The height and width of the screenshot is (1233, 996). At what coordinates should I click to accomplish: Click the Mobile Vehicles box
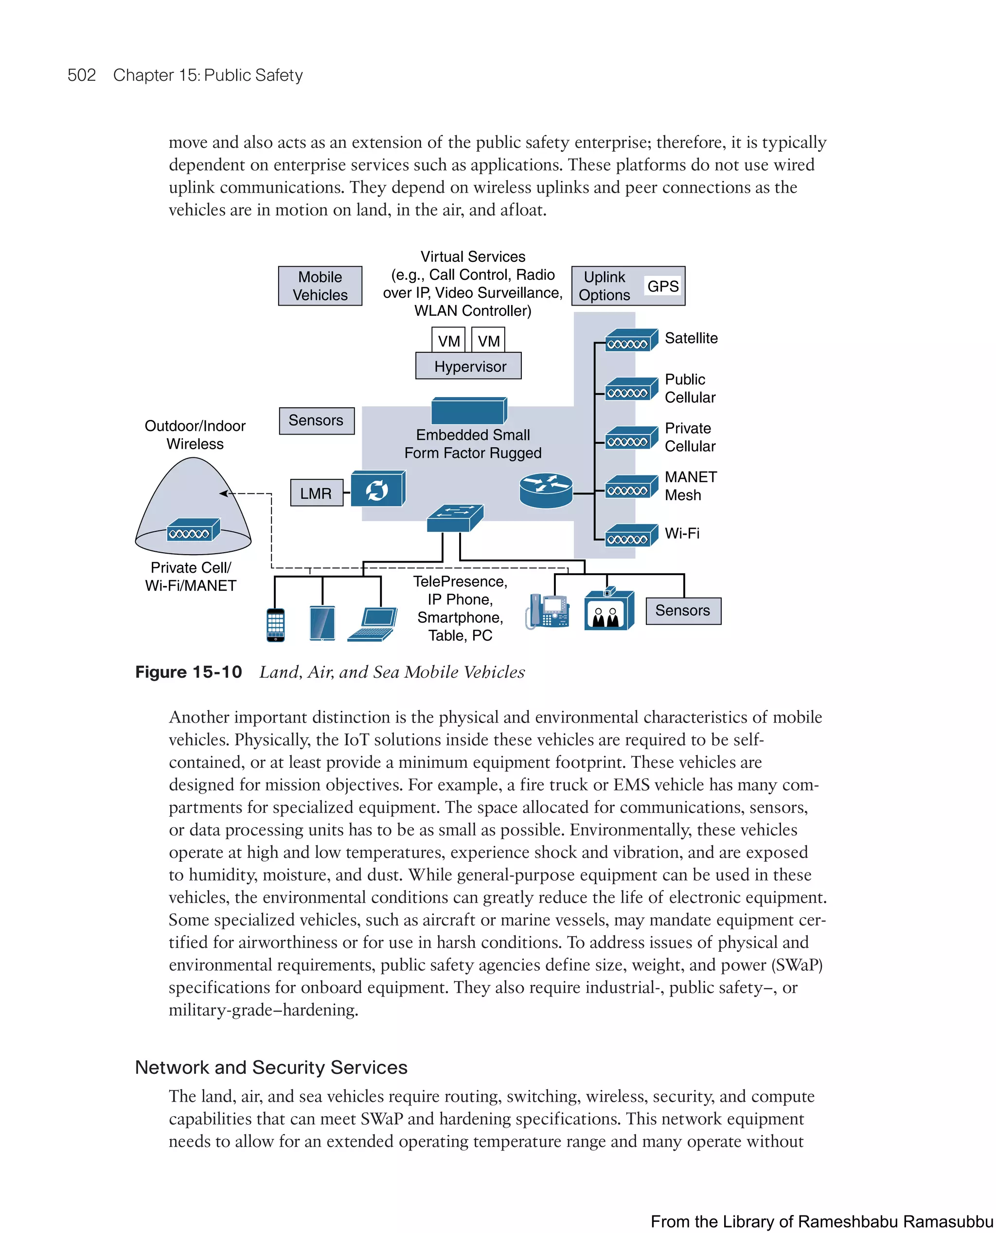click(320, 286)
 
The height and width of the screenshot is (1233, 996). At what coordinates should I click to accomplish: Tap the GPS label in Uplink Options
click(663, 286)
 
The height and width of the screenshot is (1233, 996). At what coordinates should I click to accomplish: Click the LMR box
click(316, 493)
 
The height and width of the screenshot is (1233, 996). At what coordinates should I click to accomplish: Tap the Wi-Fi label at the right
click(682, 533)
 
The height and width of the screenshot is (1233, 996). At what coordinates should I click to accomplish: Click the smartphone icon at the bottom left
click(275, 625)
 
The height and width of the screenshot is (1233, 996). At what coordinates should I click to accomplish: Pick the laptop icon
click(373, 625)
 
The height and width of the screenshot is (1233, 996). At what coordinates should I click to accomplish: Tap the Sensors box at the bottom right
click(683, 611)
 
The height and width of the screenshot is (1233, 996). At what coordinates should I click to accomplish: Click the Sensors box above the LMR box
click(316, 421)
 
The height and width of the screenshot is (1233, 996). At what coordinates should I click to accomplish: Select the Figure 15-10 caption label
click(188, 672)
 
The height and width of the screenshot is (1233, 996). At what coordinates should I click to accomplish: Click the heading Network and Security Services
click(271, 1068)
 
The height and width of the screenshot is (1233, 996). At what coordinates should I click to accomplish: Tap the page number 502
click(82, 75)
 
